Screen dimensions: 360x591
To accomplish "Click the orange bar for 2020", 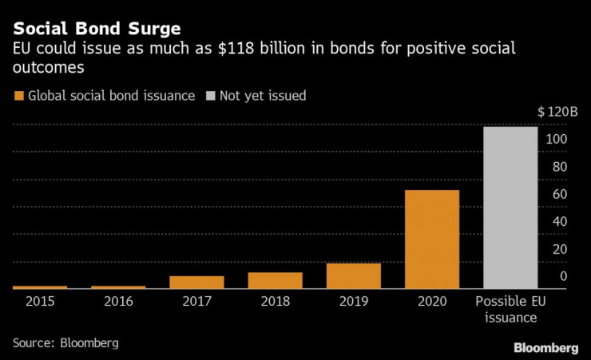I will pos(432,239).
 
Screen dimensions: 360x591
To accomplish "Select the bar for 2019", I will pos(354,275).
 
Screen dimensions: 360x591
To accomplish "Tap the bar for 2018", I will pos(276,280).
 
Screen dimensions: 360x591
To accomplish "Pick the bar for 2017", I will pos(196,282).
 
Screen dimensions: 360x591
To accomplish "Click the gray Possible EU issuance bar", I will pos(510,208).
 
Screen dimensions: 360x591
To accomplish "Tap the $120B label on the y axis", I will pos(557,111).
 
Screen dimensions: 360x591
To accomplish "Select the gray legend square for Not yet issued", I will pos(211,96).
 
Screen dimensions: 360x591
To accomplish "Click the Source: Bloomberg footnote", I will pos(65,342).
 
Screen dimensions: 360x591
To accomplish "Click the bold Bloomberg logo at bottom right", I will pos(546,347).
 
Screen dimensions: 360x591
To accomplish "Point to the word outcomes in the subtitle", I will pos(49,68).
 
